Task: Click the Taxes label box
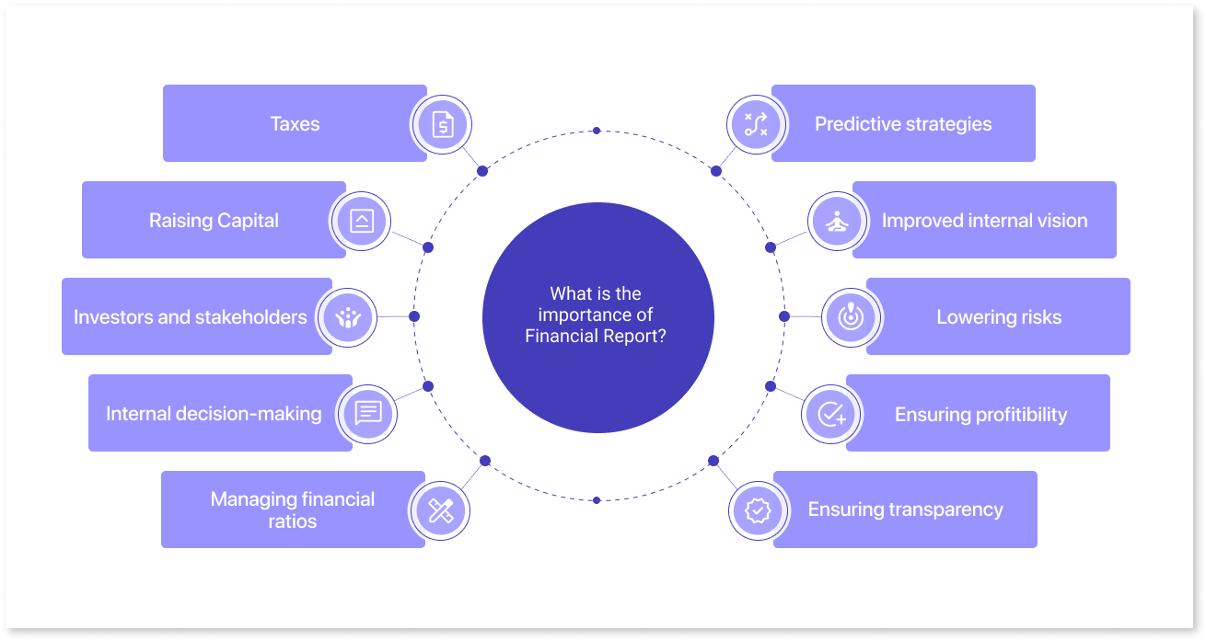295,124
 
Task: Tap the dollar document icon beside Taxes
442,124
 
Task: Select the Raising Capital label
214,221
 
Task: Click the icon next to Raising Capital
361,221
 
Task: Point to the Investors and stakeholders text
191,317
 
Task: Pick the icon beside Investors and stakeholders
347,317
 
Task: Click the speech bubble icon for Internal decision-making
367,413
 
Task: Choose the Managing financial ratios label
293,510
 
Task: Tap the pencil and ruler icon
440,510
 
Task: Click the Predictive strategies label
903,124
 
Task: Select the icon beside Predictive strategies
756,124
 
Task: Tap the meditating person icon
837,221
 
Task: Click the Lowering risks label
999,317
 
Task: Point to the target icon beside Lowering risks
851,317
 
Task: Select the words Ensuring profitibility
980,414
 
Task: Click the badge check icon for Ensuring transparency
758,509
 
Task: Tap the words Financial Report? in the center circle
596,337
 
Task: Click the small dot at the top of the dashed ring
597,131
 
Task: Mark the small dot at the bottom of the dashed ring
597,500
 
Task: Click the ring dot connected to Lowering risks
783,316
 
